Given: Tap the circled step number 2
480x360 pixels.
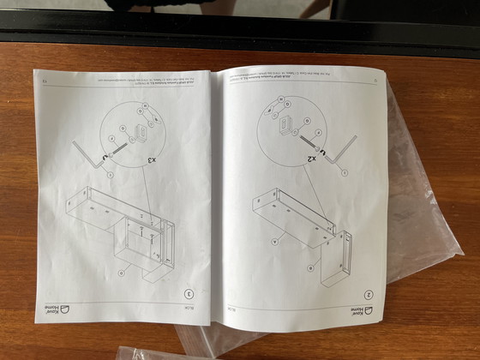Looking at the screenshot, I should (x=368, y=292).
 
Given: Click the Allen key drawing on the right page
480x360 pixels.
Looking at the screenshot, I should (x=343, y=151).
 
